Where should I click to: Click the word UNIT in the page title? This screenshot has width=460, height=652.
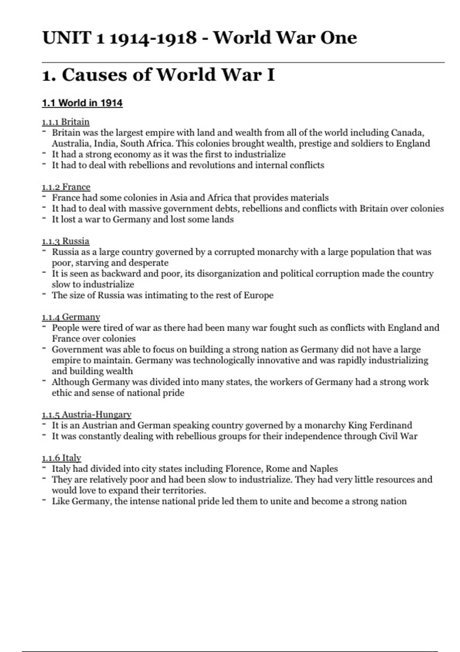pos(66,38)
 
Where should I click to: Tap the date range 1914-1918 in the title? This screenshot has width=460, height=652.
pos(153,38)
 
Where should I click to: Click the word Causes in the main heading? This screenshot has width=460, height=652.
pos(94,74)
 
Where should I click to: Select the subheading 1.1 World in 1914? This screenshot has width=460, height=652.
pos(82,103)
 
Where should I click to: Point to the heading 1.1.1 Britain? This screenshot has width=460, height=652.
pos(66,122)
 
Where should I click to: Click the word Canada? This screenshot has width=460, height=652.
pos(407,133)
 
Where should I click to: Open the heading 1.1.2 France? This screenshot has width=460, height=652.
pos(66,187)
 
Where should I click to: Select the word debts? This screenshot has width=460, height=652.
pos(225,208)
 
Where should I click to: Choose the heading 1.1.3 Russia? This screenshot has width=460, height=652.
pos(66,241)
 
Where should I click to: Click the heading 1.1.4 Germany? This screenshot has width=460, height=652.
pos(71,317)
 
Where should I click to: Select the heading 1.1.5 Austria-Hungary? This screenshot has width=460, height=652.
pos(87,414)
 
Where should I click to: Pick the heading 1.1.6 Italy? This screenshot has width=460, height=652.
pos(61,458)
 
